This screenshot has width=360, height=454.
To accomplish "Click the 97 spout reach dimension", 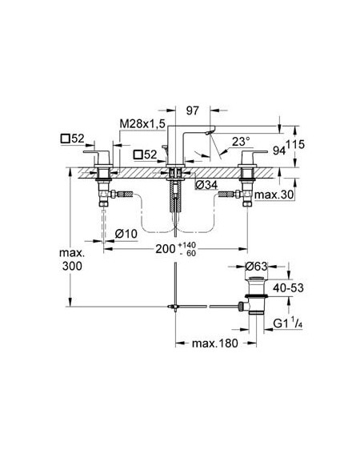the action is [193, 110].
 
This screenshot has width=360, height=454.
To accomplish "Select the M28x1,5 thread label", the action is [142, 124].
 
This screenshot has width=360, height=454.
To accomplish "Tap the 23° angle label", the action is [241, 142].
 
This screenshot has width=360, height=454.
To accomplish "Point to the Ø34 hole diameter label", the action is [206, 185].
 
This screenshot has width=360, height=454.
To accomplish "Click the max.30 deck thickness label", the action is [274, 195].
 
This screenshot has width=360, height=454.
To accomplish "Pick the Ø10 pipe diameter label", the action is [126, 234].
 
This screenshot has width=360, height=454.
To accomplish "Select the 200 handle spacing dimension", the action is [166, 249].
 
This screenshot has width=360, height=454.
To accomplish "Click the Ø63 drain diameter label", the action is [256, 266].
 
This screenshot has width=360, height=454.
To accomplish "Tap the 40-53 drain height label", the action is [288, 287].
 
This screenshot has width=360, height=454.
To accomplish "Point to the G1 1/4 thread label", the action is [288, 323].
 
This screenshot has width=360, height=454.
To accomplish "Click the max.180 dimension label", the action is [215, 344].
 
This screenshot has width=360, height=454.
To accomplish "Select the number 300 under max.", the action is [72, 266].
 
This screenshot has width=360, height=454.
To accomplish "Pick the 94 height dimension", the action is [279, 151].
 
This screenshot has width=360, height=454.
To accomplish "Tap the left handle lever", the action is [96, 152].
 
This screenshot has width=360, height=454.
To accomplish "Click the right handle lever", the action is [254, 152].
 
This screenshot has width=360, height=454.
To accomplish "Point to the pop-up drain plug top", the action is [256, 279].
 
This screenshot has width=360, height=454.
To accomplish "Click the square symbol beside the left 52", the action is [65, 139].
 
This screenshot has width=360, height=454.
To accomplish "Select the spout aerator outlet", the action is [209, 133].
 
